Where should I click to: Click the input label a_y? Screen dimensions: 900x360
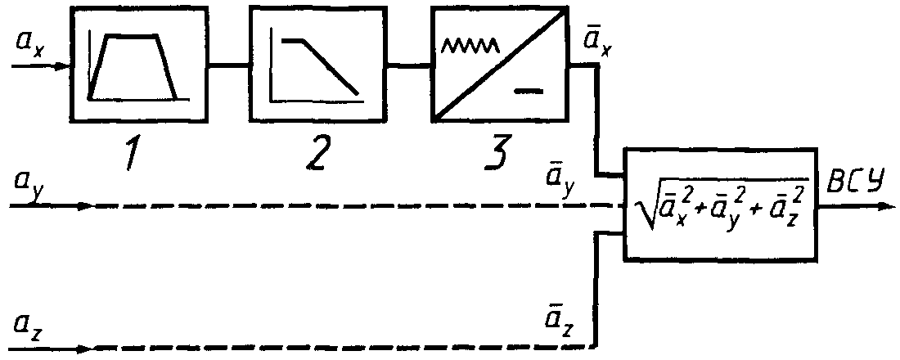pyautogui.click(x=30, y=183)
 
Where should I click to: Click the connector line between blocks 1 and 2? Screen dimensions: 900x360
pyautogui.click(x=228, y=65)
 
